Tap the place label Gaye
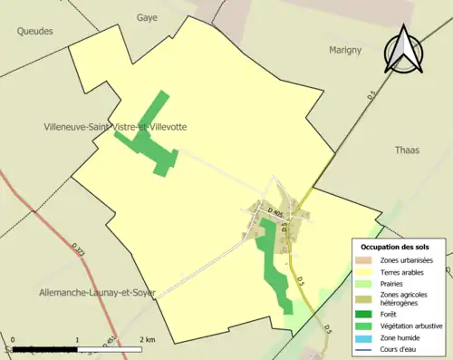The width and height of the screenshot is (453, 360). pyautogui.click(x=147, y=17)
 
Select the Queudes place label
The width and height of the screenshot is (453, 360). pyautogui.click(x=34, y=31)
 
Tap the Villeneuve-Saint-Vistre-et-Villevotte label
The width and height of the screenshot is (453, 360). pyautogui.click(x=115, y=127)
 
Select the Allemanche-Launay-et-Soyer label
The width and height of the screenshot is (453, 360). pyautogui.click(x=98, y=293)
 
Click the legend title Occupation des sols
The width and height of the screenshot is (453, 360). pyautogui.click(x=400, y=247)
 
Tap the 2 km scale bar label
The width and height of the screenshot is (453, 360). pyautogui.click(x=144, y=339)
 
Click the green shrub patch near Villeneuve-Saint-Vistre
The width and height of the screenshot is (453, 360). pyautogui.click(x=149, y=141)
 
